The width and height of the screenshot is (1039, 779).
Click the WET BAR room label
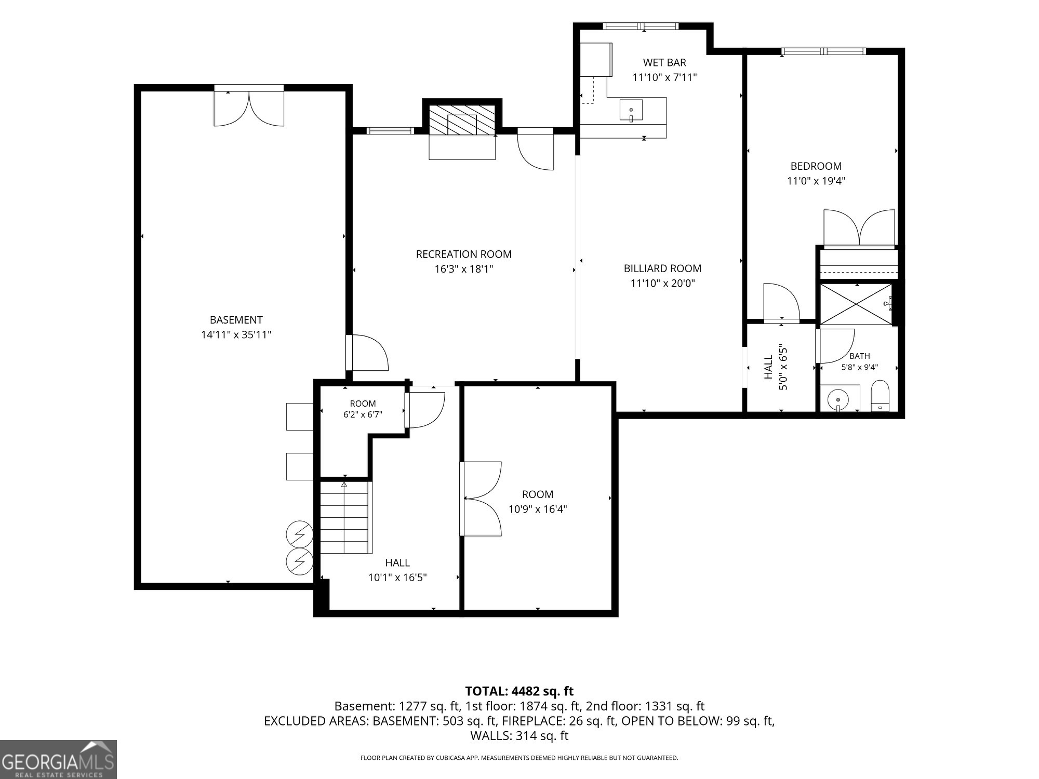coord(664,63)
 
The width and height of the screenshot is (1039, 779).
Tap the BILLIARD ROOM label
coord(662,268)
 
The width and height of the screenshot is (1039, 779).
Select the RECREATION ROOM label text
coord(463,254)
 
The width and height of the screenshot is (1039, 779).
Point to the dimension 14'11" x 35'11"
coord(236,335)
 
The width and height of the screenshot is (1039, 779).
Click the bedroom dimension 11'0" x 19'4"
coord(816,181)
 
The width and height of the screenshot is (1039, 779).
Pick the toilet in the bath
coord(880,396)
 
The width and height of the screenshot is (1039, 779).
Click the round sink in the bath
coord(837,400)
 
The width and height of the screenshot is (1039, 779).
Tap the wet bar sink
coord(631,111)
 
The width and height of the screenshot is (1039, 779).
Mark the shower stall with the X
coord(856,304)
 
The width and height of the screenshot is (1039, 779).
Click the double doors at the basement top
coord(249,108)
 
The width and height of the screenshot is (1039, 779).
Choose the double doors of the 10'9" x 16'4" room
coord(481,499)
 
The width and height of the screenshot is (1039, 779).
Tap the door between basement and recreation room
coord(368,353)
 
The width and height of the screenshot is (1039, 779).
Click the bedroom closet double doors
coord(859,227)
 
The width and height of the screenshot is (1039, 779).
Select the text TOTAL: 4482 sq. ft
coord(519,691)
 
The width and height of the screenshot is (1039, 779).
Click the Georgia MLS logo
coord(58,759)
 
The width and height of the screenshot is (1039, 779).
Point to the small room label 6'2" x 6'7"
coord(363,415)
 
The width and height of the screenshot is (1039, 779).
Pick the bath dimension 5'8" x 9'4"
coord(860,367)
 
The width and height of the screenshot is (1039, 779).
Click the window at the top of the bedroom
coord(824,51)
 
